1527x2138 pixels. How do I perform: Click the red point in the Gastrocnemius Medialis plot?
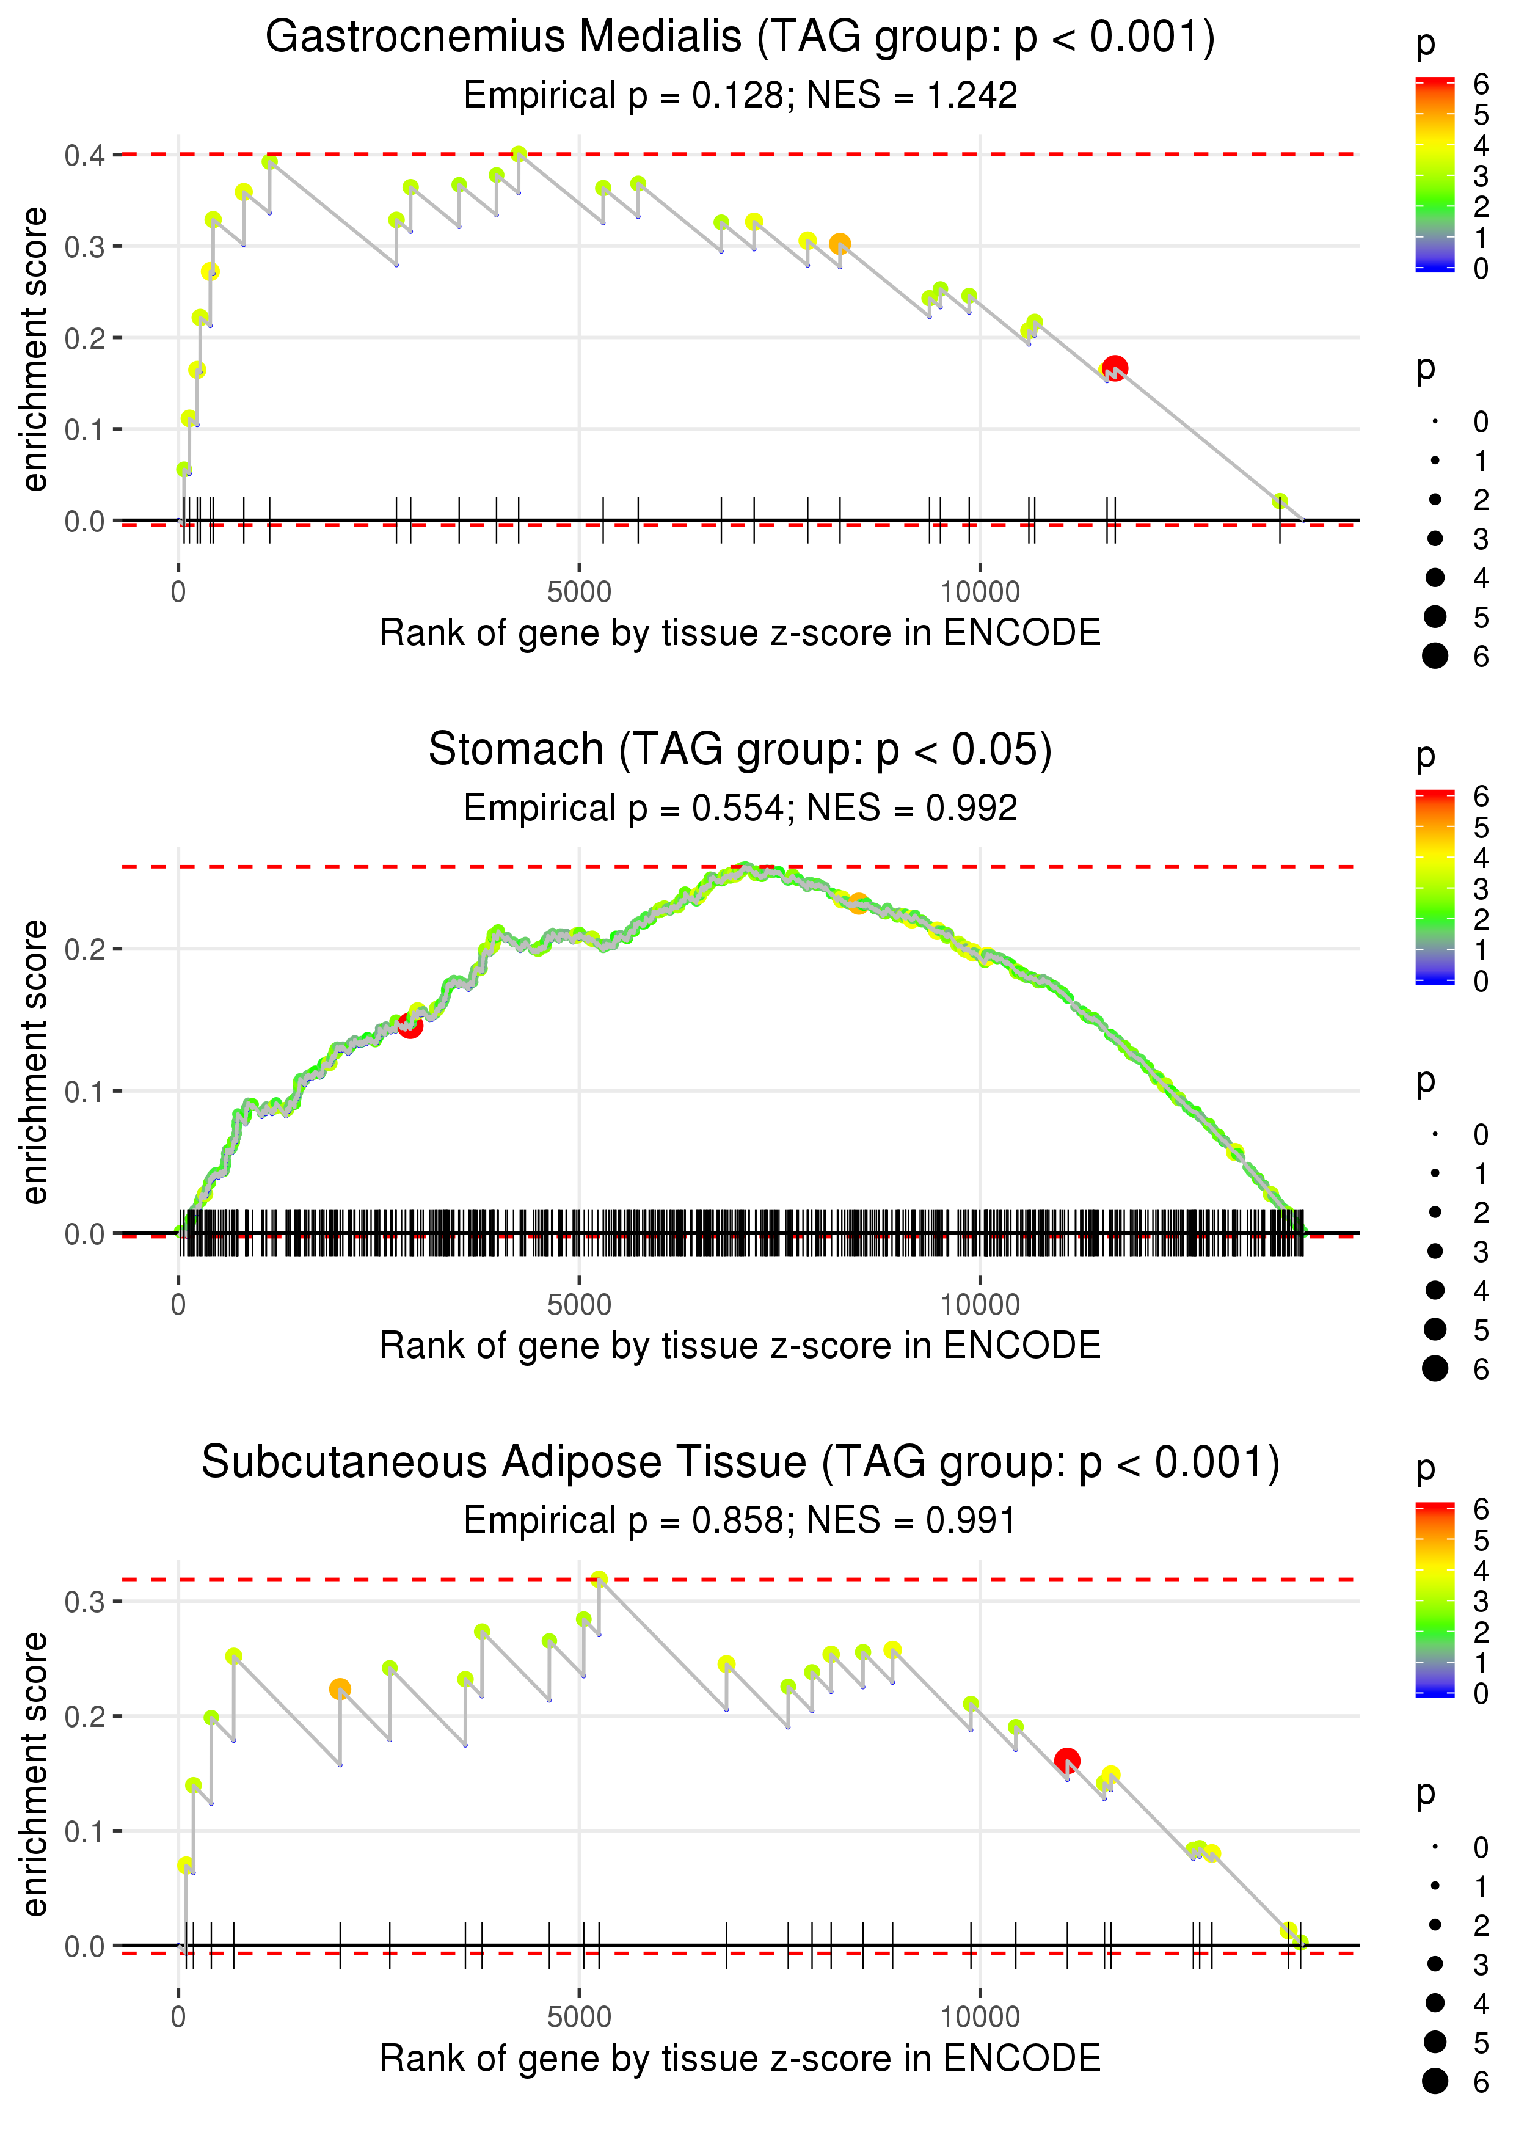click(x=1115, y=367)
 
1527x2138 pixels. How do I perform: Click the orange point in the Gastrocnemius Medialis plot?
click(x=840, y=244)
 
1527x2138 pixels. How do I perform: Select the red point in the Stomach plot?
click(x=410, y=1026)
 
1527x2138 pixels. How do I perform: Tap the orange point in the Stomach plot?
click(x=858, y=903)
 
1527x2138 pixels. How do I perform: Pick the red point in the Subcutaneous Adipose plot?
click(x=1066, y=1760)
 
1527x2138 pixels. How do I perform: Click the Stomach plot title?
click(x=740, y=750)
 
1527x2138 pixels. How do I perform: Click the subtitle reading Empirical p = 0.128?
click(x=740, y=95)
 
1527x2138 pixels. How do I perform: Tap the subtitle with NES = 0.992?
click(x=740, y=808)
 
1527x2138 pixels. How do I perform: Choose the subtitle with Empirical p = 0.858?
click(x=740, y=1520)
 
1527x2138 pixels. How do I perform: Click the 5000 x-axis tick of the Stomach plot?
click(x=579, y=1304)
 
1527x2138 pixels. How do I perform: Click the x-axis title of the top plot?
click(x=740, y=633)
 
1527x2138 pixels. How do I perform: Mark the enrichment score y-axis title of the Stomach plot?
click(x=35, y=1062)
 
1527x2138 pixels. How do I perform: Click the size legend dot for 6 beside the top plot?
click(x=1435, y=655)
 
